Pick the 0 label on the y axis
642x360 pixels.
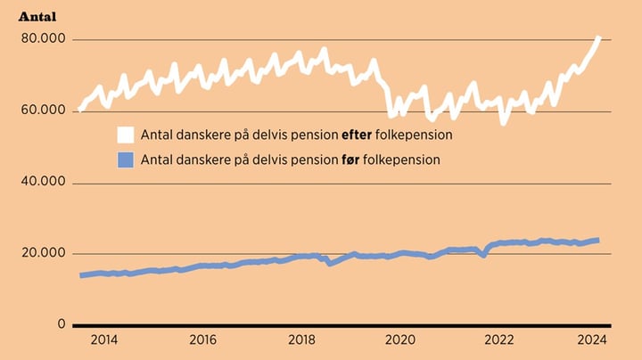tap(61, 325)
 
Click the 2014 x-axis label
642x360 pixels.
tap(103, 340)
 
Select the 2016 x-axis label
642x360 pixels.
tap(202, 340)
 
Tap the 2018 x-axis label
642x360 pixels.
tap(301, 340)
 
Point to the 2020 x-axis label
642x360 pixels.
tap(400, 340)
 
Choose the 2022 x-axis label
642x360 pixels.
tap(499, 340)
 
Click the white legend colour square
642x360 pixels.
tap(126, 135)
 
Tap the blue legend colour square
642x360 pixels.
tap(126, 160)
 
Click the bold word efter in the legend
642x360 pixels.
tap(357, 135)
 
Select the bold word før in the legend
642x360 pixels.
tap(350, 160)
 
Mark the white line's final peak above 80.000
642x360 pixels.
tap(598, 38)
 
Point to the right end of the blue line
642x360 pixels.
tap(597, 240)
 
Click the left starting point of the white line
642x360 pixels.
tap(81, 110)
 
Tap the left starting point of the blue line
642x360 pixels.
tap(81, 275)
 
